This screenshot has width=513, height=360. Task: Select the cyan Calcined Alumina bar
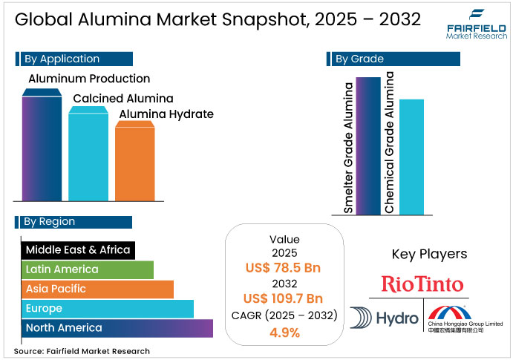pos(88,156)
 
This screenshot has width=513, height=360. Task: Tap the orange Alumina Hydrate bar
pos(134,162)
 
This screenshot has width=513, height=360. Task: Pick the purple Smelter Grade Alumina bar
pos(368,145)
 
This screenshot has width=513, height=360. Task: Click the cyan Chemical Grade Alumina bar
pos(411,156)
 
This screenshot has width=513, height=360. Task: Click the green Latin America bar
pos(87,269)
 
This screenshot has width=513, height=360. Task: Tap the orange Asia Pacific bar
pos(97,289)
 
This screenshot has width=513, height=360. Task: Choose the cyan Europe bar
pos(107,308)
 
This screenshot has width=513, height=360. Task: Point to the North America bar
pos(117,327)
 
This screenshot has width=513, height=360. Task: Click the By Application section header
pos(73,59)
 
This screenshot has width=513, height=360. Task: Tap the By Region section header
pos(73,221)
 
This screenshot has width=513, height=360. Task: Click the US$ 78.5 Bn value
pos(285,268)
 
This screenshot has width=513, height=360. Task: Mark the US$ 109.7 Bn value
pos(285,299)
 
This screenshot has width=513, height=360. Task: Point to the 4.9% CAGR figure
pos(285,332)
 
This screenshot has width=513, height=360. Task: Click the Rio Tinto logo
pos(422,284)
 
